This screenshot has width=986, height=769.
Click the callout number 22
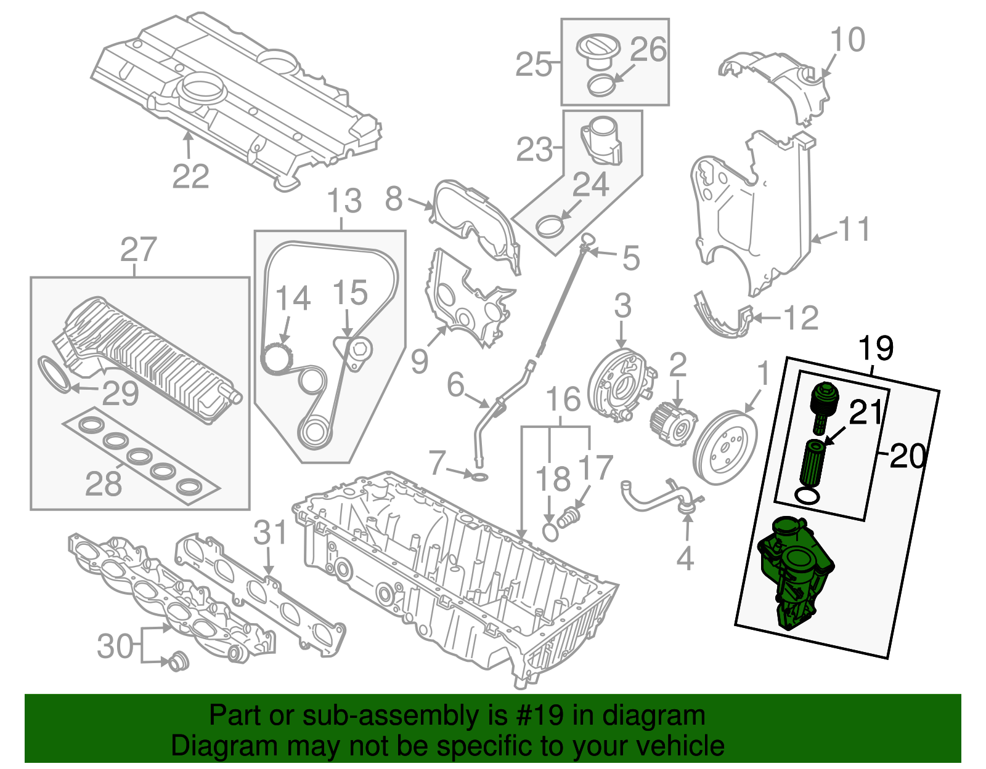click(190, 177)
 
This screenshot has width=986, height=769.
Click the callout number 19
click(876, 348)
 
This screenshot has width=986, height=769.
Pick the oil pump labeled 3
click(619, 385)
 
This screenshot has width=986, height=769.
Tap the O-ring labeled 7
click(480, 477)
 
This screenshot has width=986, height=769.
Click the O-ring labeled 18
click(551, 531)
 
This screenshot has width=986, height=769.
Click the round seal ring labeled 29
click(55, 374)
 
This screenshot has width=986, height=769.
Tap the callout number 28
click(104, 483)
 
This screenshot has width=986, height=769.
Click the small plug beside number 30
click(179, 661)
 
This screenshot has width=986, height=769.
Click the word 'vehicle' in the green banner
click(680, 746)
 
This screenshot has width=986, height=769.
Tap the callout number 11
click(855, 229)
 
